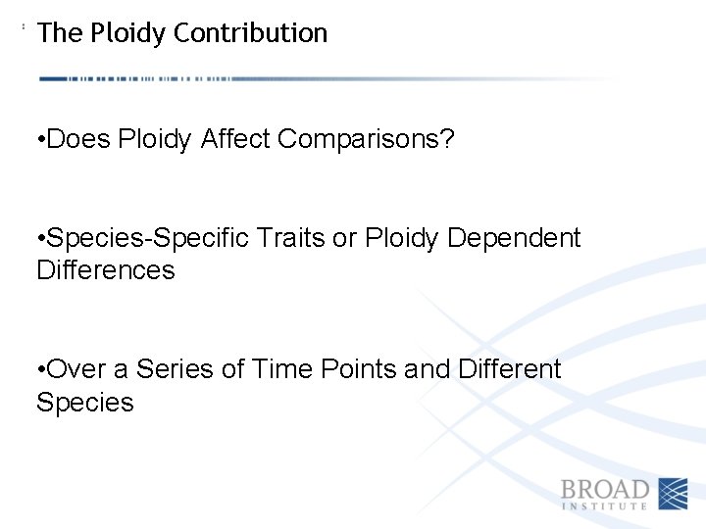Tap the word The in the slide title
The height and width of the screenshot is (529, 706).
click(x=60, y=33)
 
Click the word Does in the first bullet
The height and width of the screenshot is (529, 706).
click(x=79, y=140)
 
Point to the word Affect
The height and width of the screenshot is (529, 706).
click(x=235, y=140)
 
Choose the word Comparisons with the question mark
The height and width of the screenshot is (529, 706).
click(x=366, y=140)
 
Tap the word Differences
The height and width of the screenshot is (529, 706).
click(x=105, y=270)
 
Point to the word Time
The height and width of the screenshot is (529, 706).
click(x=281, y=369)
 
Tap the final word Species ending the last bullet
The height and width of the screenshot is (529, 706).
click(x=84, y=403)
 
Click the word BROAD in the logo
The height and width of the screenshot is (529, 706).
click(x=605, y=489)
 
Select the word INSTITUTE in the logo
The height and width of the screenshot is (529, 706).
click(x=605, y=506)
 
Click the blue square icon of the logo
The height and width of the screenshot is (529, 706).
click(x=673, y=494)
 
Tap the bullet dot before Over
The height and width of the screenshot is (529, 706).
click(x=39, y=370)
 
